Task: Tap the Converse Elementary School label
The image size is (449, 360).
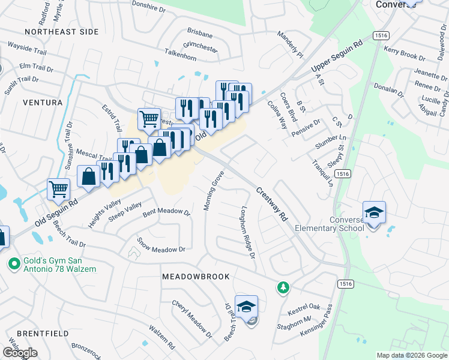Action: [329, 223]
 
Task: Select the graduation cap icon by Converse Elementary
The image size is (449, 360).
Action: [374, 213]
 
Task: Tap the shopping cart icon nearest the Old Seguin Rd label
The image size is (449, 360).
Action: [59, 190]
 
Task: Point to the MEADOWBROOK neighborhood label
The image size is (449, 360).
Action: [196, 277]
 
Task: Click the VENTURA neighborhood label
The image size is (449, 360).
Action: [43, 103]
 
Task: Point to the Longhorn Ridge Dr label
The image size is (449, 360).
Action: [248, 233]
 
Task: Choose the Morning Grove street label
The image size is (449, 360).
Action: [213, 190]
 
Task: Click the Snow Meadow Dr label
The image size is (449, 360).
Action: [161, 245]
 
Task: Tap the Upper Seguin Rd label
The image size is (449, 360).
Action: [338, 59]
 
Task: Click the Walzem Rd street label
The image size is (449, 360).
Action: [162, 338]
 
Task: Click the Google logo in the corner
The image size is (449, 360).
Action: [20, 353]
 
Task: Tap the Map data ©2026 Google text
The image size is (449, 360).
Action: [411, 355]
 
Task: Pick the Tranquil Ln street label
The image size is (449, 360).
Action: [322, 172]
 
